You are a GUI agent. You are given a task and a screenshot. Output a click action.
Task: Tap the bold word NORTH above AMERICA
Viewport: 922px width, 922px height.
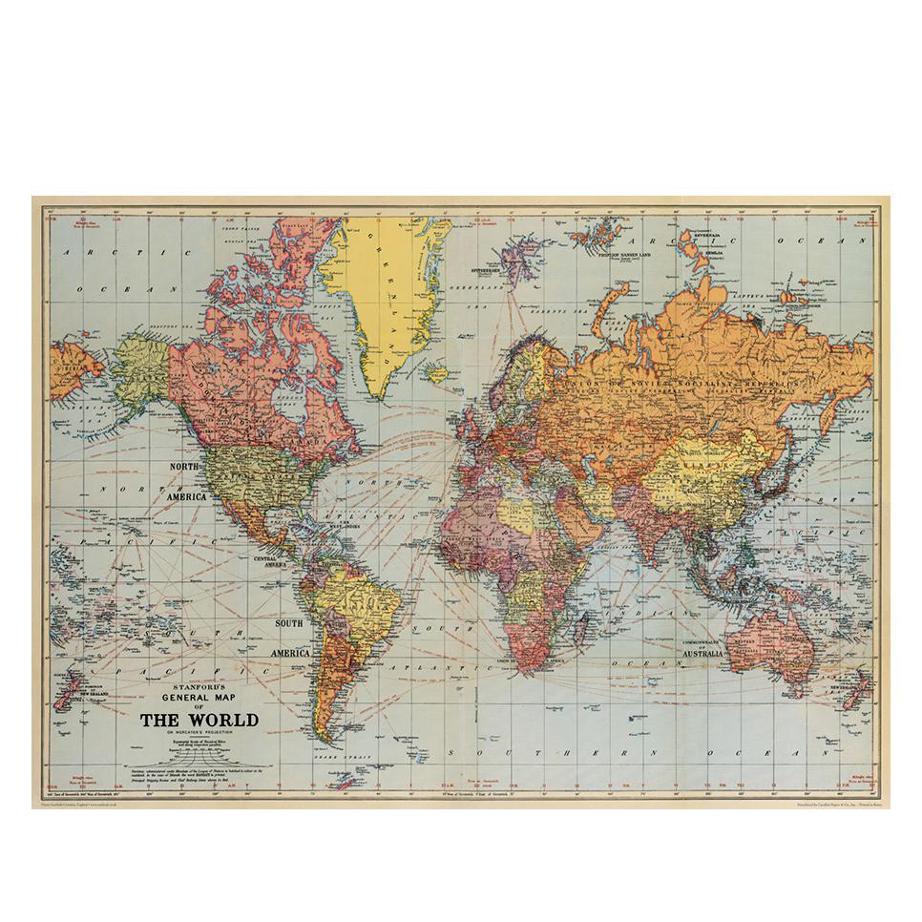click(187, 467)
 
